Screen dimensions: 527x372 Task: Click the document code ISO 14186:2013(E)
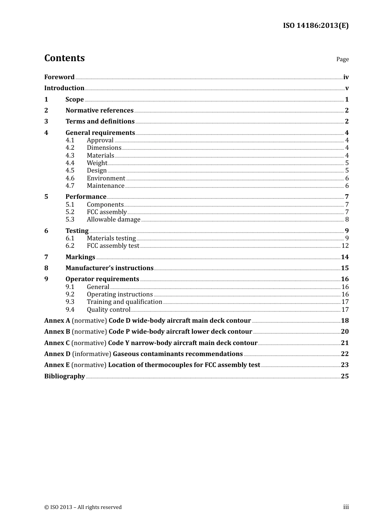point(316,25)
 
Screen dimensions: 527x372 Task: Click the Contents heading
point(64,58)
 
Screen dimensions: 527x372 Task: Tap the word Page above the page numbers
point(342,59)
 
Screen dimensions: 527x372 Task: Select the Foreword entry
point(59,77)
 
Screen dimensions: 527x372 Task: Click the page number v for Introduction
point(347,88)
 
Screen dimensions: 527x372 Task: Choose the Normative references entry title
point(99,111)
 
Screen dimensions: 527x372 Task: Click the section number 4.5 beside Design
point(70,171)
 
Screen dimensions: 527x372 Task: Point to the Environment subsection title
point(106,178)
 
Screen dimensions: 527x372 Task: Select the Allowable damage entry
point(113,220)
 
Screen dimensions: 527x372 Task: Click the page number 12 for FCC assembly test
point(345,246)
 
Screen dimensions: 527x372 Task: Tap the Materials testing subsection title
point(111,238)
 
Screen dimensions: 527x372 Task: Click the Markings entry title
point(80,257)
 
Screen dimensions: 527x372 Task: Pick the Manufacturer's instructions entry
point(109,268)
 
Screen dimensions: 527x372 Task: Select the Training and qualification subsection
point(124,302)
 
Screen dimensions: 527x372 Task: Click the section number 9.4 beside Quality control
point(70,310)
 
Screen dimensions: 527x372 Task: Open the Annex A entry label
point(57,321)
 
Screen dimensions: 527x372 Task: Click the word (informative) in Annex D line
point(92,354)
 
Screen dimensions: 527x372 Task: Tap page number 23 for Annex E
point(345,365)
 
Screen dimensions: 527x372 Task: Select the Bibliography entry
point(65,376)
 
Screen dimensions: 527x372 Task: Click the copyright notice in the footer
point(83,507)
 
